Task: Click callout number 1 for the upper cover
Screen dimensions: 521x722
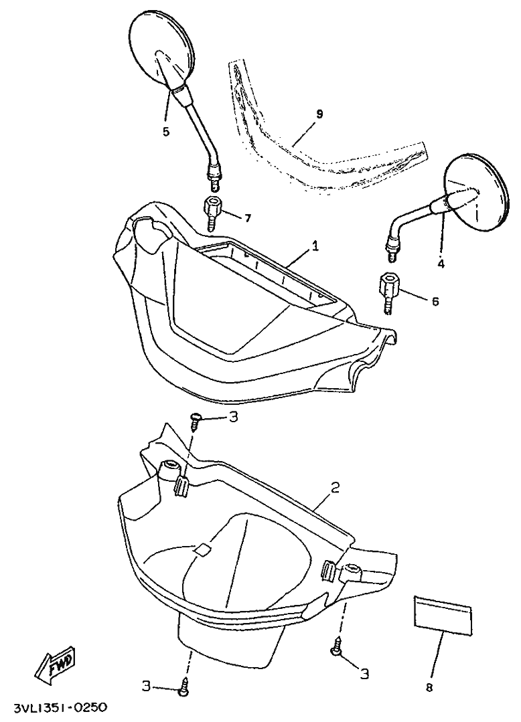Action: click(315, 247)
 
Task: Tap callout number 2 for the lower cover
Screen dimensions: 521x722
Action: click(334, 488)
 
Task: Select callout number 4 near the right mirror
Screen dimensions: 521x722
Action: click(441, 263)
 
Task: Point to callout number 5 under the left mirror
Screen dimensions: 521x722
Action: click(166, 131)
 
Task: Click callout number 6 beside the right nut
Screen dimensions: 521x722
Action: click(435, 301)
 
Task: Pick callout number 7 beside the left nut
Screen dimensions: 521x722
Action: click(247, 218)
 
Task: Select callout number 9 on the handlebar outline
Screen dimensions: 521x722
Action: click(319, 114)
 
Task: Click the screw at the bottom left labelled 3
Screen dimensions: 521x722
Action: click(184, 687)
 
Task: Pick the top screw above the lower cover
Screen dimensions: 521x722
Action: click(196, 420)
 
